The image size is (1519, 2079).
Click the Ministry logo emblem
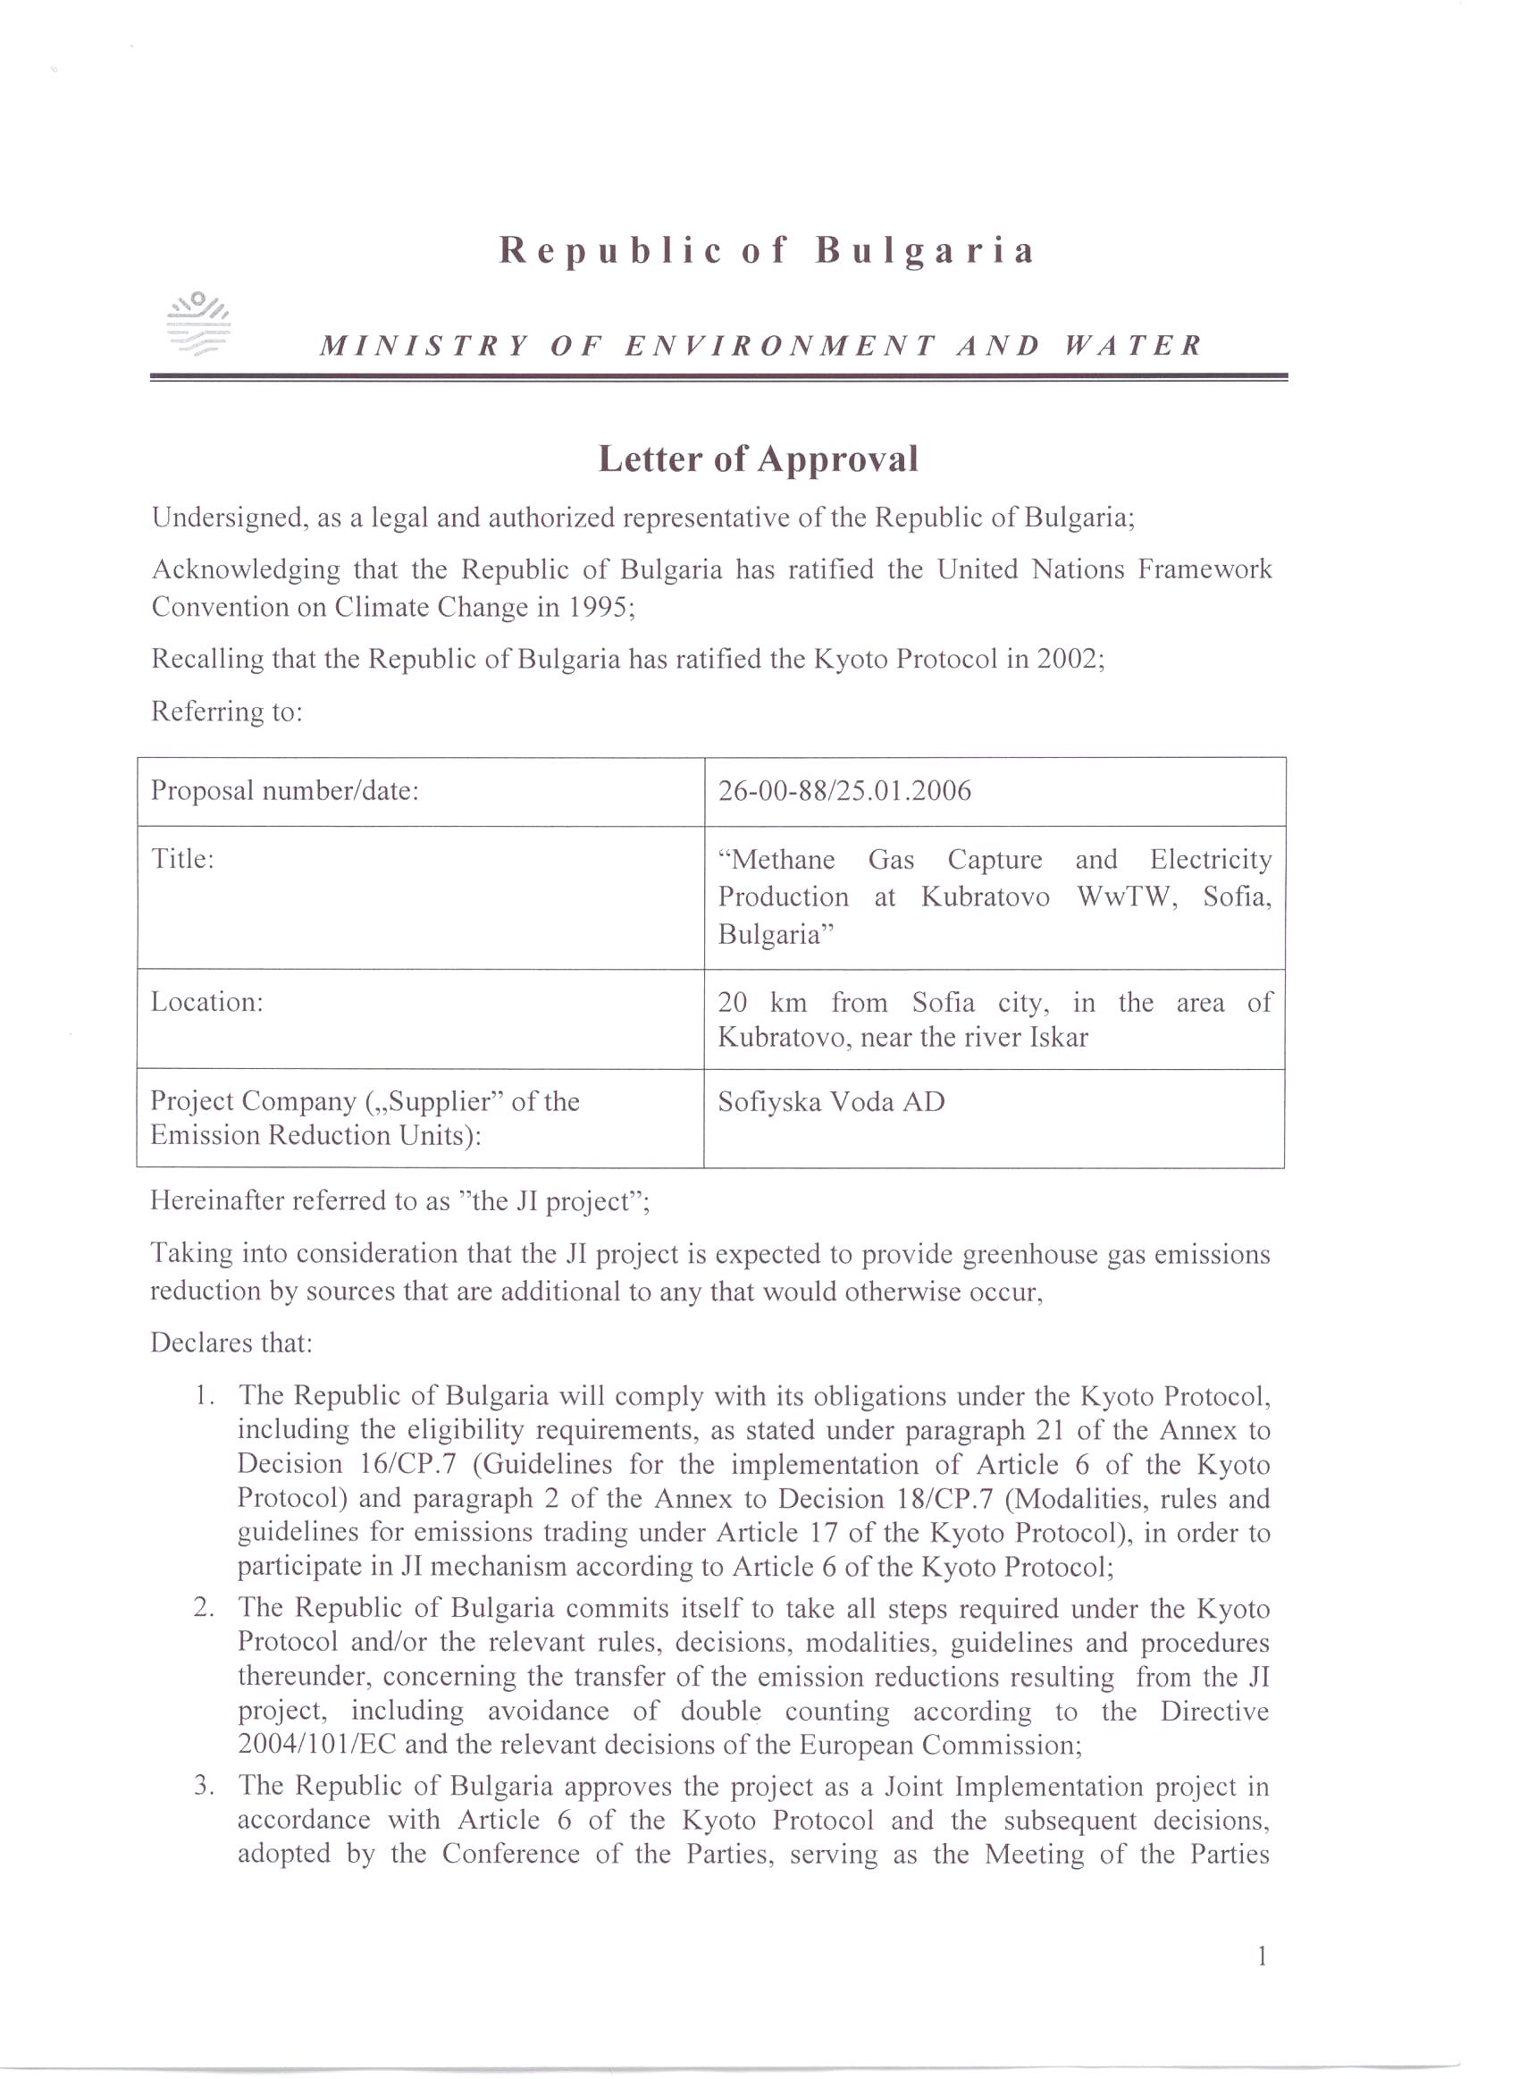198,324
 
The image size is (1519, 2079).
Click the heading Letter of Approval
759,459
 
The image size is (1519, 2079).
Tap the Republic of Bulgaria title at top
767,250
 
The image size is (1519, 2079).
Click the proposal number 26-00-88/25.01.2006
844,791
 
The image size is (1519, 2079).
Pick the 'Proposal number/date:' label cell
285,791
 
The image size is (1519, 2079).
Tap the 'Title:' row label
182,859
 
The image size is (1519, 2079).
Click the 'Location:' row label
207,1001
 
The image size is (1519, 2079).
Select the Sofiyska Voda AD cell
831,1101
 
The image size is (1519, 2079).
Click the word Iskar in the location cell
1058,1038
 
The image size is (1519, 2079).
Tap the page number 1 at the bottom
1263,1956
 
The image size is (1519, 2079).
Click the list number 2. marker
204,1608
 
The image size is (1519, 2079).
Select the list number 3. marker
204,1787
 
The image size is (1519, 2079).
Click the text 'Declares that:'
231,1343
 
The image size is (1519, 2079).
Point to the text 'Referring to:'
226,711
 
